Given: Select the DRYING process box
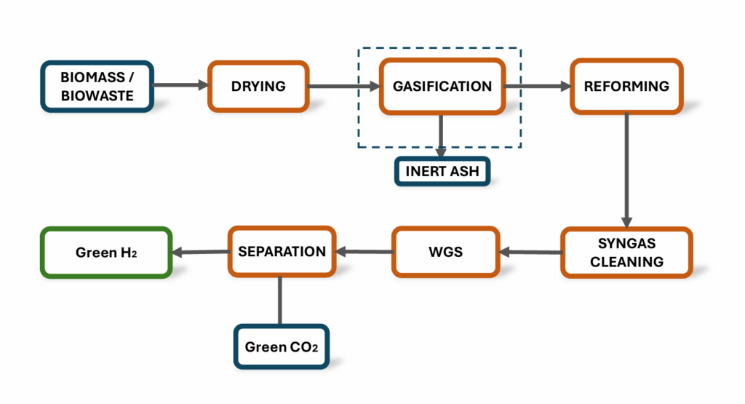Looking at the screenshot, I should click(x=258, y=86).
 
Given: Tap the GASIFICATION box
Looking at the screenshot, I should click(x=442, y=86).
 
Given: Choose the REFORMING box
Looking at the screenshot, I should click(x=626, y=86).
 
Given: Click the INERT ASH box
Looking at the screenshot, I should click(x=442, y=172).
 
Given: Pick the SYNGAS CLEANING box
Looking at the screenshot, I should click(x=626, y=253).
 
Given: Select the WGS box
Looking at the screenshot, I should click(x=447, y=252).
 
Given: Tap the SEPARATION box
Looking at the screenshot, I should click(x=282, y=252).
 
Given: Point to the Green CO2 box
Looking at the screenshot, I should click(x=281, y=346).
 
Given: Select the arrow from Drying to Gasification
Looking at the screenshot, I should click(x=343, y=87).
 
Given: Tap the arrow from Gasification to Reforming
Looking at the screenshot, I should click(x=537, y=87).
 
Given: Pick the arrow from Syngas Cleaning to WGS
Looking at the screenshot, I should click(x=530, y=253).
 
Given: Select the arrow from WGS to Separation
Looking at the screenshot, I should click(x=364, y=253).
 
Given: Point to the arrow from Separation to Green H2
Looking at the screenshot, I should click(x=200, y=253).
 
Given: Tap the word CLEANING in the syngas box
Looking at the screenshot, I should click(x=626, y=262).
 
